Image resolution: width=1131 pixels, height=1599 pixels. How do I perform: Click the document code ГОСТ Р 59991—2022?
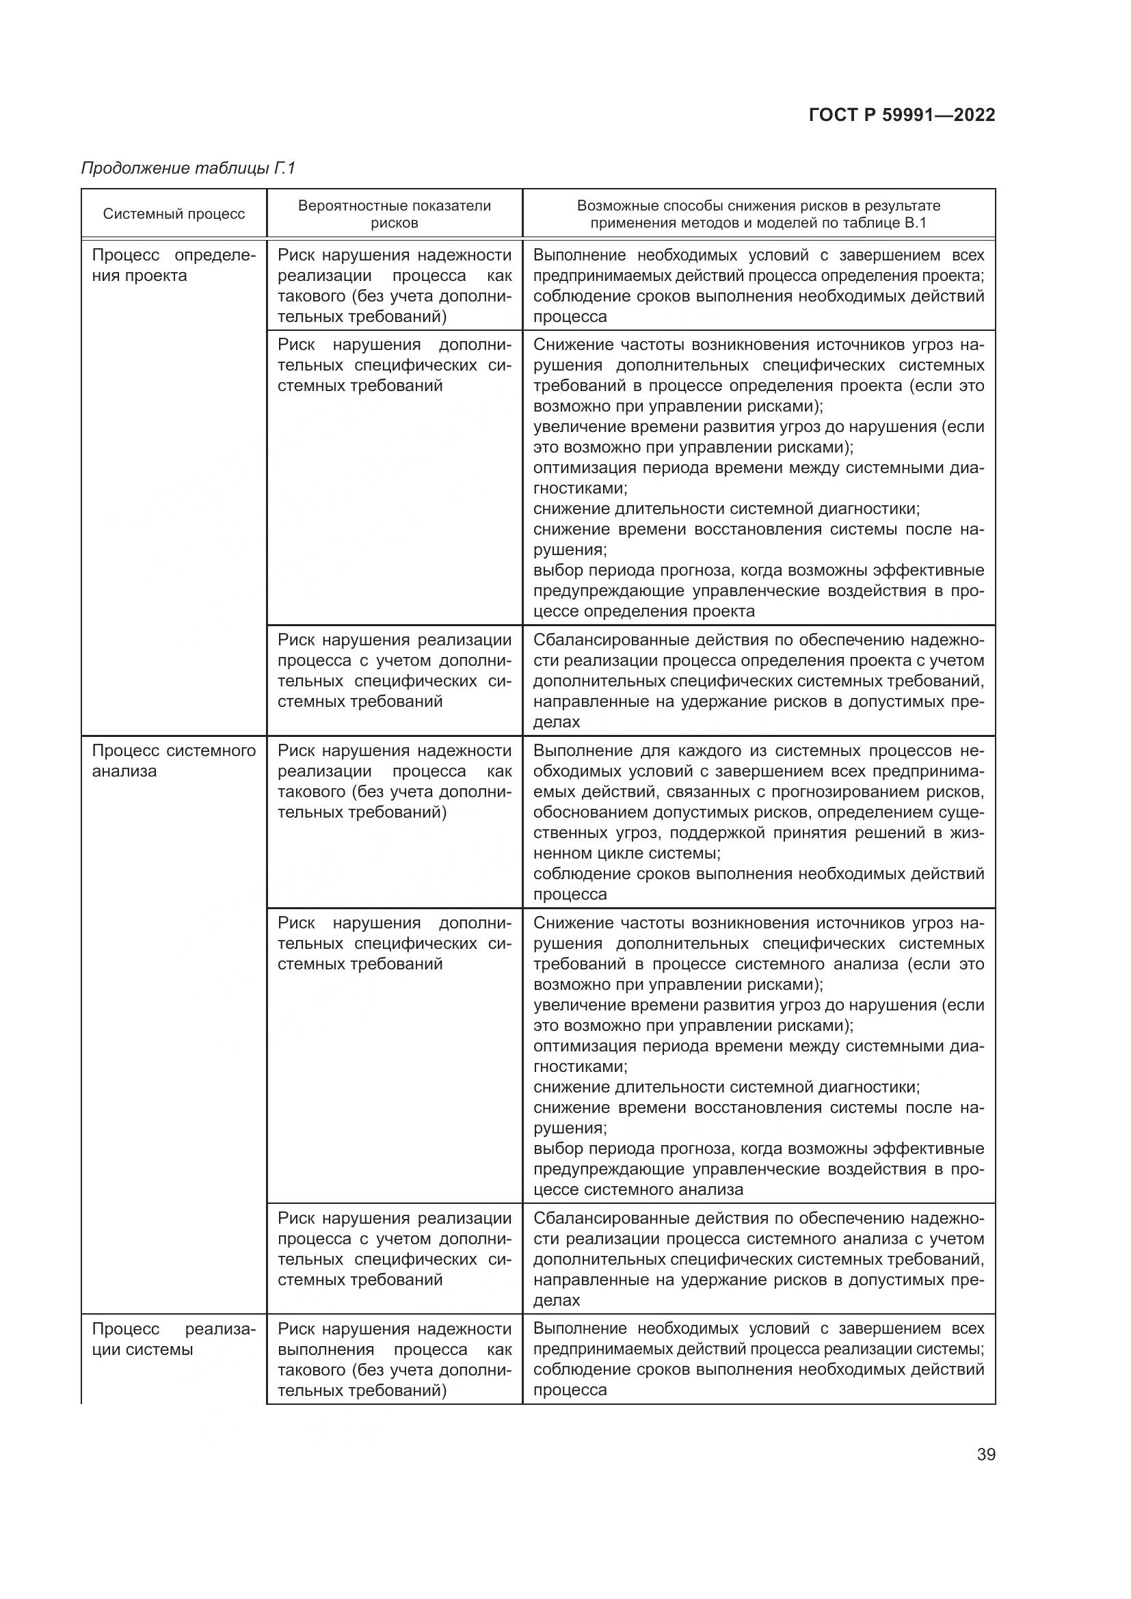pyautogui.click(x=902, y=115)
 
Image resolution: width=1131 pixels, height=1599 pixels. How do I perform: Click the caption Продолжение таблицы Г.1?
pyautogui.click(x=189, y=168)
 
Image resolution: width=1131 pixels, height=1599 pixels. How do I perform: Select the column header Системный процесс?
pyautogui.click(x=174, y=214)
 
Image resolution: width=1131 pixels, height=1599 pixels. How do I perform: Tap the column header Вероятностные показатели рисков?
pyautogui.click(x=394, y=214)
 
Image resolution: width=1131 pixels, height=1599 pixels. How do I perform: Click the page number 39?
pyautogui.click(x=985, y=1454)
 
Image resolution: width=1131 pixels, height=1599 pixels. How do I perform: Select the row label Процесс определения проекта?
pyautogui.click(x=174, y=265)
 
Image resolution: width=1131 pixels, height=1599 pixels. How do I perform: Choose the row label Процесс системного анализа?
pyautogui.click(x=174, y=760)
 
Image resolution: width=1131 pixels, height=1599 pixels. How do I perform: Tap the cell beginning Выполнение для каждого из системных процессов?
pyautogui.click(x=758, y=822)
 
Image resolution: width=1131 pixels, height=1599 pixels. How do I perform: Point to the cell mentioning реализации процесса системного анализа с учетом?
pyautogui.click(x=758, y=1259)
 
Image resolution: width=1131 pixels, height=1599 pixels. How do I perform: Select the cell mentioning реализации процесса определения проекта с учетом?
pyautogui.click(x=758, y=680)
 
